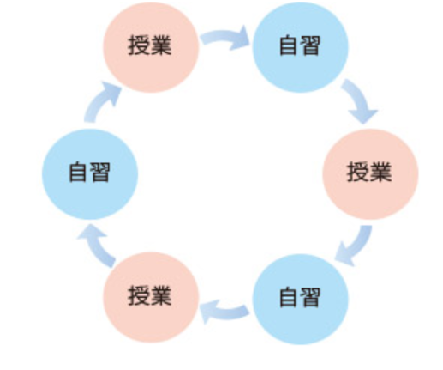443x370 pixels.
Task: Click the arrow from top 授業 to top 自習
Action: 224,37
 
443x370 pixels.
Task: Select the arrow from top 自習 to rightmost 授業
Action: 358,99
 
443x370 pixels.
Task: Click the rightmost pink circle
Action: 370,174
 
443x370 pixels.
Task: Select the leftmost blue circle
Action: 90,174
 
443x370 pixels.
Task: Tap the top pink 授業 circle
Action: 151,47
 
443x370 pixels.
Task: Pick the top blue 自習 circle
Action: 301,47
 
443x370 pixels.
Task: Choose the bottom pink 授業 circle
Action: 151,298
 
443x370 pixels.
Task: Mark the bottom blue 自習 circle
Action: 301,300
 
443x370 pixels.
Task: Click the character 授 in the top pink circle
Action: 138,45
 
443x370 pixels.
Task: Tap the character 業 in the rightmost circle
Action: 380,172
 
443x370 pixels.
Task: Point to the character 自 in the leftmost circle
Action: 78,172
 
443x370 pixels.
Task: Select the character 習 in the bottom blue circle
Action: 309,297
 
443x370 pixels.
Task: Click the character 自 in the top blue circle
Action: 288,45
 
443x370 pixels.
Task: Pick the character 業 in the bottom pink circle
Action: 160,295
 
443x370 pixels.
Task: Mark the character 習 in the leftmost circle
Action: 99,172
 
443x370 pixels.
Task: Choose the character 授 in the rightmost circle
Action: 357,172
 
